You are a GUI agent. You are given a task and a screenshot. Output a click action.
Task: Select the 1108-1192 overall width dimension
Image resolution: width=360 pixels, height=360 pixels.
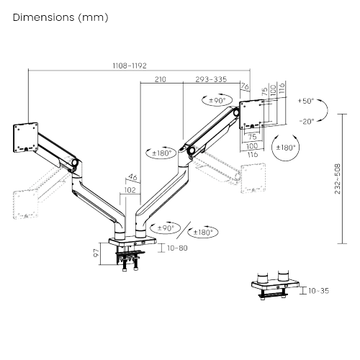tap(130, 66)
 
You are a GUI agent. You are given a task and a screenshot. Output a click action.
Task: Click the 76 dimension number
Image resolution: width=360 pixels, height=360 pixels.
tap(245, 87)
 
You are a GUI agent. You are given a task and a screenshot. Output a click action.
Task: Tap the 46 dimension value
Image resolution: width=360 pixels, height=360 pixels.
tap(132, 176)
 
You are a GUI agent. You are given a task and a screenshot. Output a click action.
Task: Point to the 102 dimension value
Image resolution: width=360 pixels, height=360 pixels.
tap(130, 190)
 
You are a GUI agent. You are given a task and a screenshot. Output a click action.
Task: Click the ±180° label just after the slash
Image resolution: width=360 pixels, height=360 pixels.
tap(204, 232)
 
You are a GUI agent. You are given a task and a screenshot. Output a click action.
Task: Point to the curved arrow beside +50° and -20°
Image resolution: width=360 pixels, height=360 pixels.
tap(326, 111)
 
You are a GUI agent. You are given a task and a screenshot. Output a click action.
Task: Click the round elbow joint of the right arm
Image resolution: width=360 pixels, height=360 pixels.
tap(192, 151)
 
